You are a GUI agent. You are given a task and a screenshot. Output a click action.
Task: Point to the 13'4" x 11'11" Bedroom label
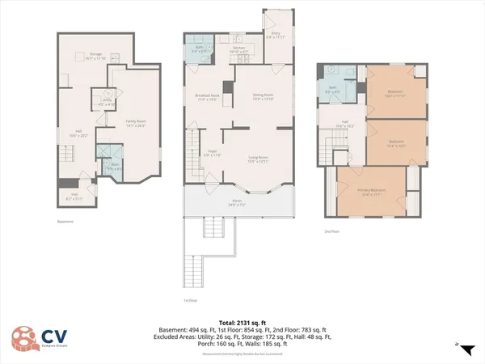394,93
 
